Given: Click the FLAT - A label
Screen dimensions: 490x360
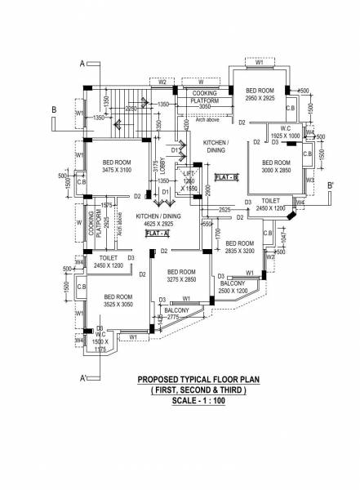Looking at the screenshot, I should [157, 233].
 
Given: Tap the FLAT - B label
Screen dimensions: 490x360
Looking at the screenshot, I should [226, 177].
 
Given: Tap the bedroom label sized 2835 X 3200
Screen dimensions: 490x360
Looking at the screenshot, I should [241, 247].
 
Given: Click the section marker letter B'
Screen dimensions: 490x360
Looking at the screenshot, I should [330, 185].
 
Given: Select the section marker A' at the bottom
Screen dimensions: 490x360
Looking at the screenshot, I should [84, 378].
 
